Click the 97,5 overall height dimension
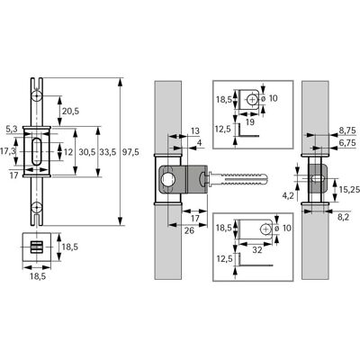(x=131, y=152)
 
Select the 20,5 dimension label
(x=70, y=112)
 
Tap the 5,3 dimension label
(x=12, y=130)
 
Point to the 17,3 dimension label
(x=8, y=152)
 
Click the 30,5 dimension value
(x=87, y=152)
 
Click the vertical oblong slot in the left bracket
(x=37, y=152)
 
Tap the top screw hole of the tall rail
(x=37, y=96)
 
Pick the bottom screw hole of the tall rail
(x=37, y=207)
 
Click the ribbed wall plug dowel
(x=239, y=179)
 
